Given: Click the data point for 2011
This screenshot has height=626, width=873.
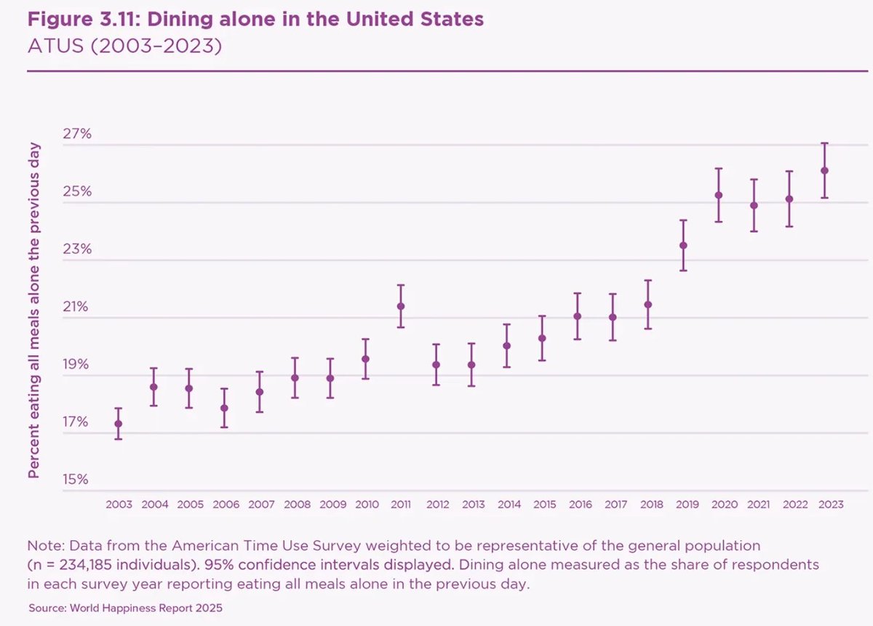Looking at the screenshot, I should click(x=401, y=306).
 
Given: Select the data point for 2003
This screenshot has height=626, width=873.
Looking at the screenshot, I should click(x=119, y=423).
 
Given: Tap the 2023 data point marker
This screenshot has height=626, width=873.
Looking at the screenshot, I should click(x=824, y=171).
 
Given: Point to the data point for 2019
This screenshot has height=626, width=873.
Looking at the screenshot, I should click(x=683, y=245).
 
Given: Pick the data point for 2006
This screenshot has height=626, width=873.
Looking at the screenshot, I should click(x=224, y=408).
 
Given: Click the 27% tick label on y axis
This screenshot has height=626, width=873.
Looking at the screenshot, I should click(x=76, y=134).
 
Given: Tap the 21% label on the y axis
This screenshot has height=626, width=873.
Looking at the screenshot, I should click(x=76, y=306).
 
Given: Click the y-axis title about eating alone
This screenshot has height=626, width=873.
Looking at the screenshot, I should click(x=33, y=310).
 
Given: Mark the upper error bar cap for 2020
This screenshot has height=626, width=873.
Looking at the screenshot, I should click(x=719, y=169).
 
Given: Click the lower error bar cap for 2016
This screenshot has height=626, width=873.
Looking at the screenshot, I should click(x=578, y=339).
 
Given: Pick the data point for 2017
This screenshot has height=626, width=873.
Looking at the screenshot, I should click(x=613, y=317).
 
